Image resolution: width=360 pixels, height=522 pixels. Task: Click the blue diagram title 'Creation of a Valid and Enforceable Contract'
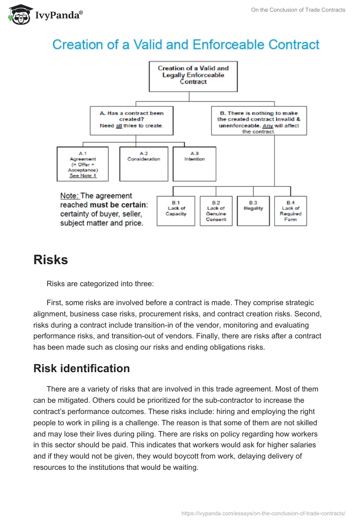pyautogui.click(x=186, y=45)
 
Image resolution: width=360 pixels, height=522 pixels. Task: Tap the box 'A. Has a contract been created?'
pyautogui.click(x=132, y=120)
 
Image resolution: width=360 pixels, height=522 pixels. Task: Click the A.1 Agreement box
pyautogui.click(x=83, y=164)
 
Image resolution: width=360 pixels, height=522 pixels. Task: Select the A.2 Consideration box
pyautogui.click(x=144, y=164)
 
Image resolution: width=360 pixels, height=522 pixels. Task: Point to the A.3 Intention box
pyautogui.click(x=194, y=164)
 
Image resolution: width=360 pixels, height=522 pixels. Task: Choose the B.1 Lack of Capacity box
pyautogui.click(x=175, y=211)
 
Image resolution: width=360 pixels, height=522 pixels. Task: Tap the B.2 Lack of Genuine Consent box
pyautogui.click(x=216, y=211)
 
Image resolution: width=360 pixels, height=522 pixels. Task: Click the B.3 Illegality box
pyautogui.click(x=253, y=211)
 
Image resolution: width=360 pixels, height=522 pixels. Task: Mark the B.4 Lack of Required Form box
pyautogui.click(x=290, y=211)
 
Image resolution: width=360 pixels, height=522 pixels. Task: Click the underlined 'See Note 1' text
pyautogui.click(x=83, y=176)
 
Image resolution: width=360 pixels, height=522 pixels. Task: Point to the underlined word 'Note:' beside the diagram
pyautogui.click(x=69, y=196)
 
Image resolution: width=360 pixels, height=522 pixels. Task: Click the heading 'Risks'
pyautogui.click(x=50, y=260)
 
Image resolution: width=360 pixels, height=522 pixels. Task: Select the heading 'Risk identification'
pyautogui.click(x=81, y=368)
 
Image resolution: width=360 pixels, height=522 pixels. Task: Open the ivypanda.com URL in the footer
pyautogui.click(x=263, y=513)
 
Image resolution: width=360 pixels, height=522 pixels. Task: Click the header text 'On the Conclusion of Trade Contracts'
pyautogui.click(x=298, y=10)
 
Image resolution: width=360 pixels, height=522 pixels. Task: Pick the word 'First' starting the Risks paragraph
pyautogui.click(x=54, y=302)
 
